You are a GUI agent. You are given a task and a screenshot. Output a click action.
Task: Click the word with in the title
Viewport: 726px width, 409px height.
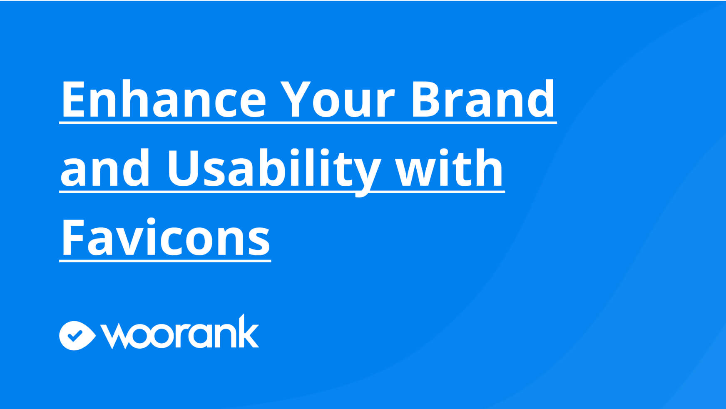click(449, 167)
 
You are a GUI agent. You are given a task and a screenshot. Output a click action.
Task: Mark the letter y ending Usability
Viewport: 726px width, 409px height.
click(365, 175)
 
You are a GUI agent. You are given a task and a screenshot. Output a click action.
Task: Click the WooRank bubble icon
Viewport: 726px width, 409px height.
click(77, 336)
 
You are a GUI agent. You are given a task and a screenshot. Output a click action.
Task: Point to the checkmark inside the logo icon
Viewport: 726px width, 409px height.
click(75, 334)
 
